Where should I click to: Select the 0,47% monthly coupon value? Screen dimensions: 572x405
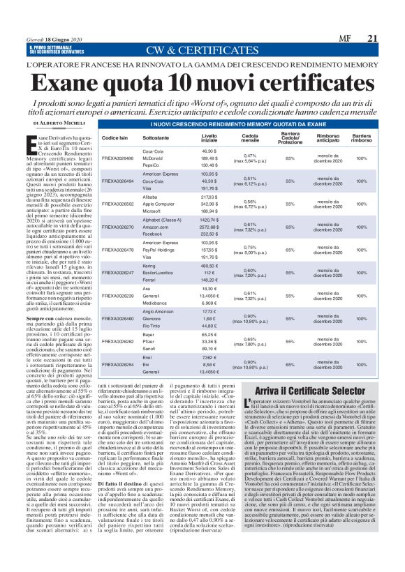coord(249,155)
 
